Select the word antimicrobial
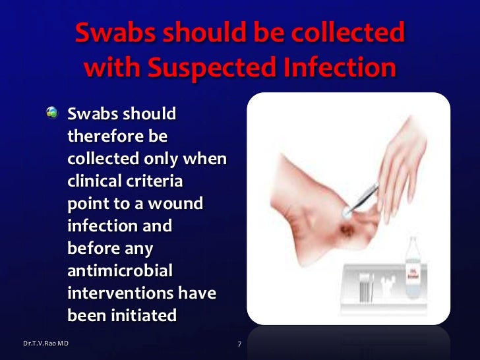point(120,271)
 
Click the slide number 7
point(239,344)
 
